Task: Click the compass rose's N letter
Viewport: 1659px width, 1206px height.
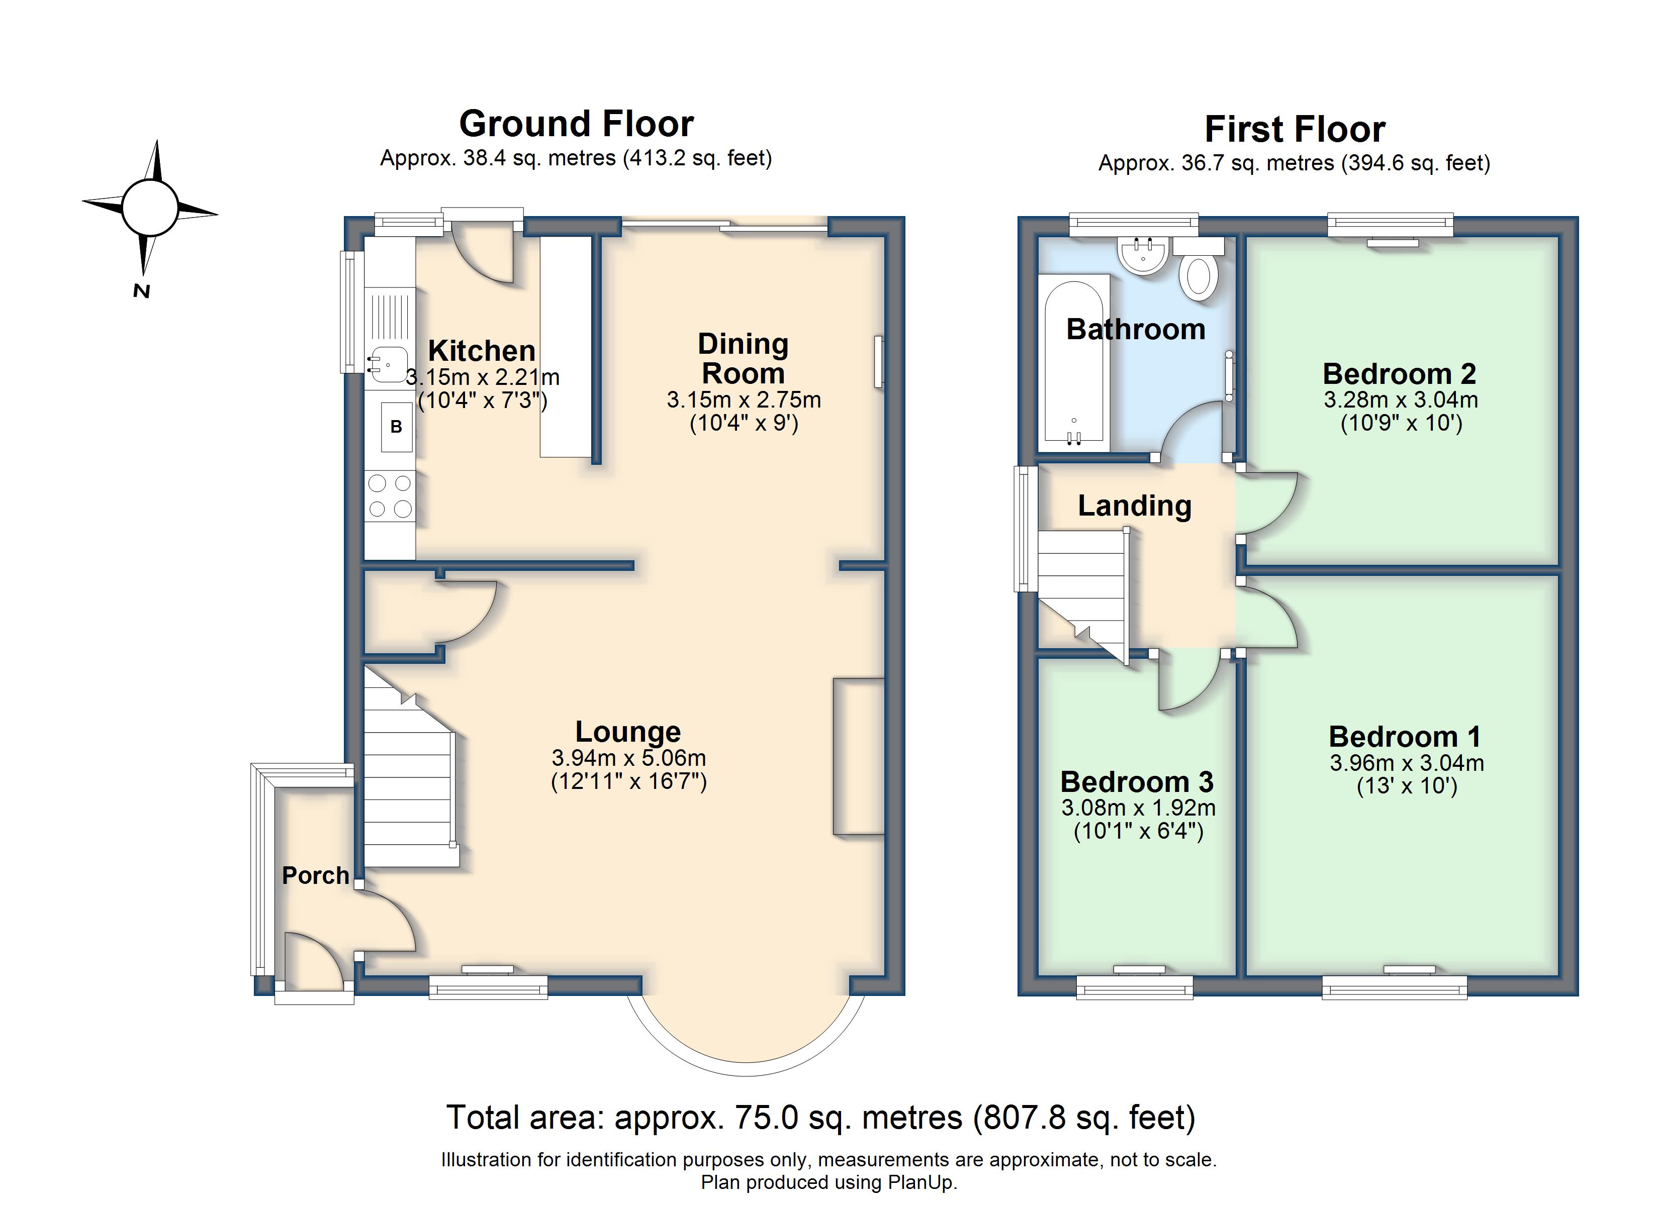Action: pyautogui.click(x=141, y=291)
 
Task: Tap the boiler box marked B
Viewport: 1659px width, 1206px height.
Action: pyautogui.click(x=397, y=427)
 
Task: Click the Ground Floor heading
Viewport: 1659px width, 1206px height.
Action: pyautogui.click(x=577, y=124)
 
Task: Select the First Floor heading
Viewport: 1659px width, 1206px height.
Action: pyautogui.click(x=1295, y=130)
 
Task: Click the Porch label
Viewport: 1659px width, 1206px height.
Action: pyautogui.click(x=315, y=875)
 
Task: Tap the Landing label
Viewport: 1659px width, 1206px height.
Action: pyautogui.click(x=1135, y=506)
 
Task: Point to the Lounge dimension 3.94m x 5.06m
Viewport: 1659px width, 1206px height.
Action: pyautogui.click(x=629, y=758)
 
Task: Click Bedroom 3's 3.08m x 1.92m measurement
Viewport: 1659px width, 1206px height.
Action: pyautogui.click(x=1138, y=808)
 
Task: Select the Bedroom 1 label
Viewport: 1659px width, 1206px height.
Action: pyautogui.click(x=1405, y=737)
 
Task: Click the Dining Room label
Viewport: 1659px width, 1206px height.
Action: pyautogui.click(x=743, y=358)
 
